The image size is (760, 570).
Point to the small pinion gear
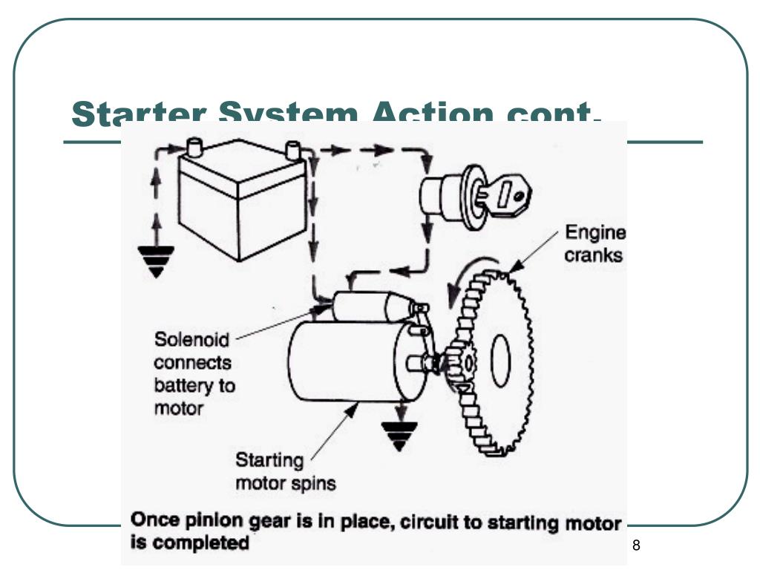460,364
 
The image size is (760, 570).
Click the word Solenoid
191,341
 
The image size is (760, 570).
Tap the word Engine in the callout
595,234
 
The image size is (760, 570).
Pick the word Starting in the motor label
269,460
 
